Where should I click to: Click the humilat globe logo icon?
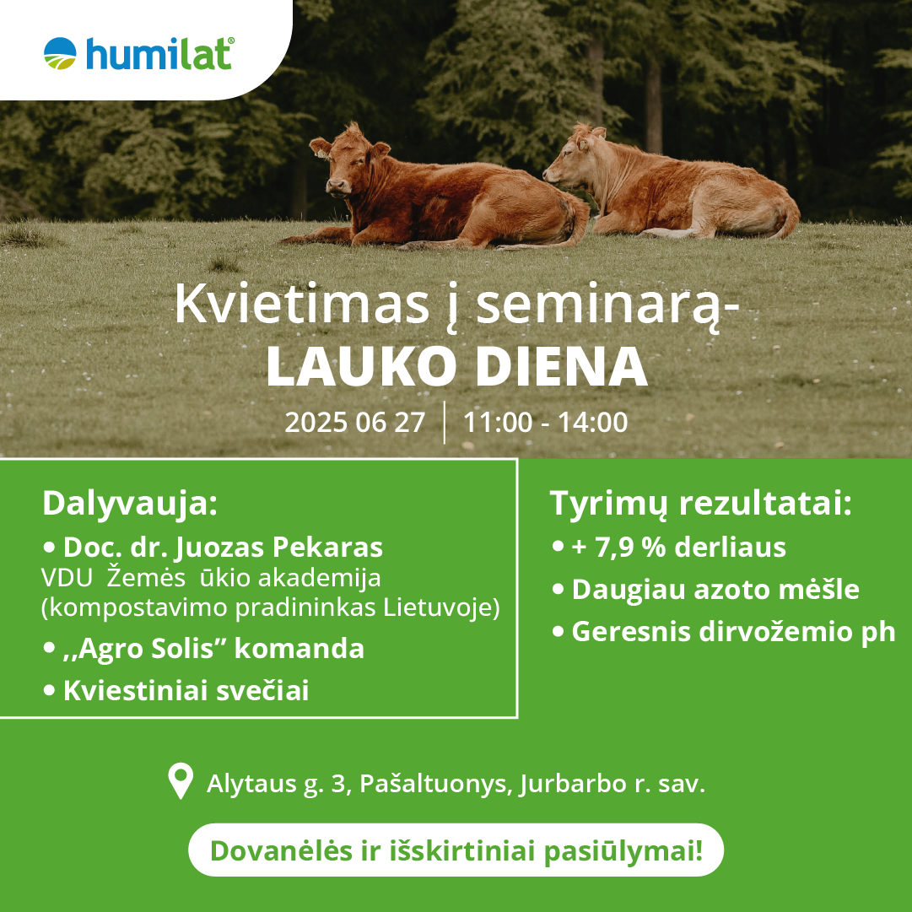pyautogui.click(x=60, y=53)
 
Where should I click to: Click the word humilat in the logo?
pyautogui.click(x=160, y=54)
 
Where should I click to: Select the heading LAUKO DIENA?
pyautogui.click(x=456, y=366)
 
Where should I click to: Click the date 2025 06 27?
pyautogui.click(x=355, y=423)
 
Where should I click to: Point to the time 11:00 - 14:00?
pyautogui.click(x=546, y=423)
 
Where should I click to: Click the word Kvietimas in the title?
pyautogui.click(x=302, y=305)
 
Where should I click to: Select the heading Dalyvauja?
pyautogui.click(x=130, y=504)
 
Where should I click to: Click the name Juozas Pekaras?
pyautogui.click(x=279, y=548)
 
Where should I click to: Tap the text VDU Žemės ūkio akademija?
pyautogui.click(x=211, y=578)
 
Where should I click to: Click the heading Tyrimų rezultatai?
pyautogui.click(x=701, y=504)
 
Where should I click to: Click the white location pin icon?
pyautogui.click(x=181, y=780)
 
